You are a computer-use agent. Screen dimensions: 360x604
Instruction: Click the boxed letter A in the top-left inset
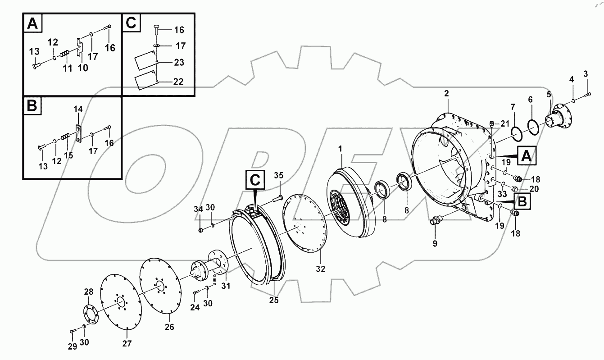(x=33, y=23)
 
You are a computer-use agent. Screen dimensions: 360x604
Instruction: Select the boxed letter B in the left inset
(x=32, y=106)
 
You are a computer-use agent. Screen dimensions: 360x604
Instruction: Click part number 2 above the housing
(x=446, y=94)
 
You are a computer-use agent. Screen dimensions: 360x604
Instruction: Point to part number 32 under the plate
(x=321, y=269)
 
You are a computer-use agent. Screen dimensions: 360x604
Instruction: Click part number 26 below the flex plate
(x=169, y=327)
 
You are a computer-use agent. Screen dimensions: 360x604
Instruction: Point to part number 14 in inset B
(x=78, y=109)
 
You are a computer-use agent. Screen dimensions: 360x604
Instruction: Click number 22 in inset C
(x=179, y=82)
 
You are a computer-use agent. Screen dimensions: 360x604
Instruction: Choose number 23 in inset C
(x=179, y=62)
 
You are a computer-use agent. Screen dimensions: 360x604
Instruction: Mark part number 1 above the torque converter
(x=341, y=148)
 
